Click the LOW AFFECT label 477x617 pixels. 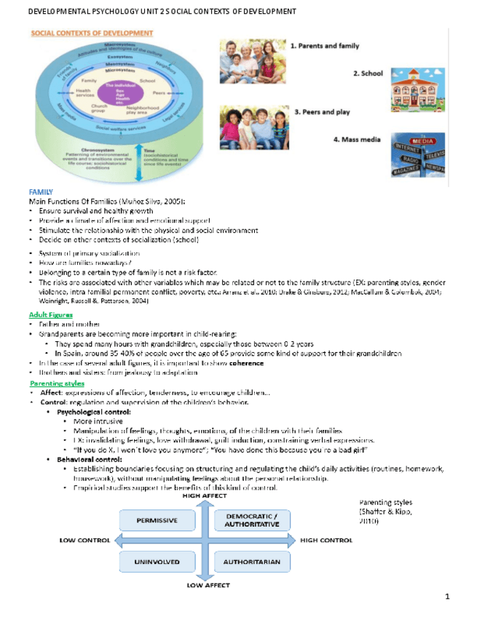[208, 585]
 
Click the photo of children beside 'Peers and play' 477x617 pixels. [254, 127]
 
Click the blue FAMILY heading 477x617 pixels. [40, 191]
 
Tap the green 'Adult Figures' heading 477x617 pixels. [50, 314]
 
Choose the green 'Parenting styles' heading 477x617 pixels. [57, 383]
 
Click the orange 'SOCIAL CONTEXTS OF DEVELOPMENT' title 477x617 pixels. [92, 33]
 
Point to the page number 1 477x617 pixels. [447, 597]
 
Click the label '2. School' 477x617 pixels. [368, 73]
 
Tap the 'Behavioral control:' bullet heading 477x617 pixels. [90, 460]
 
